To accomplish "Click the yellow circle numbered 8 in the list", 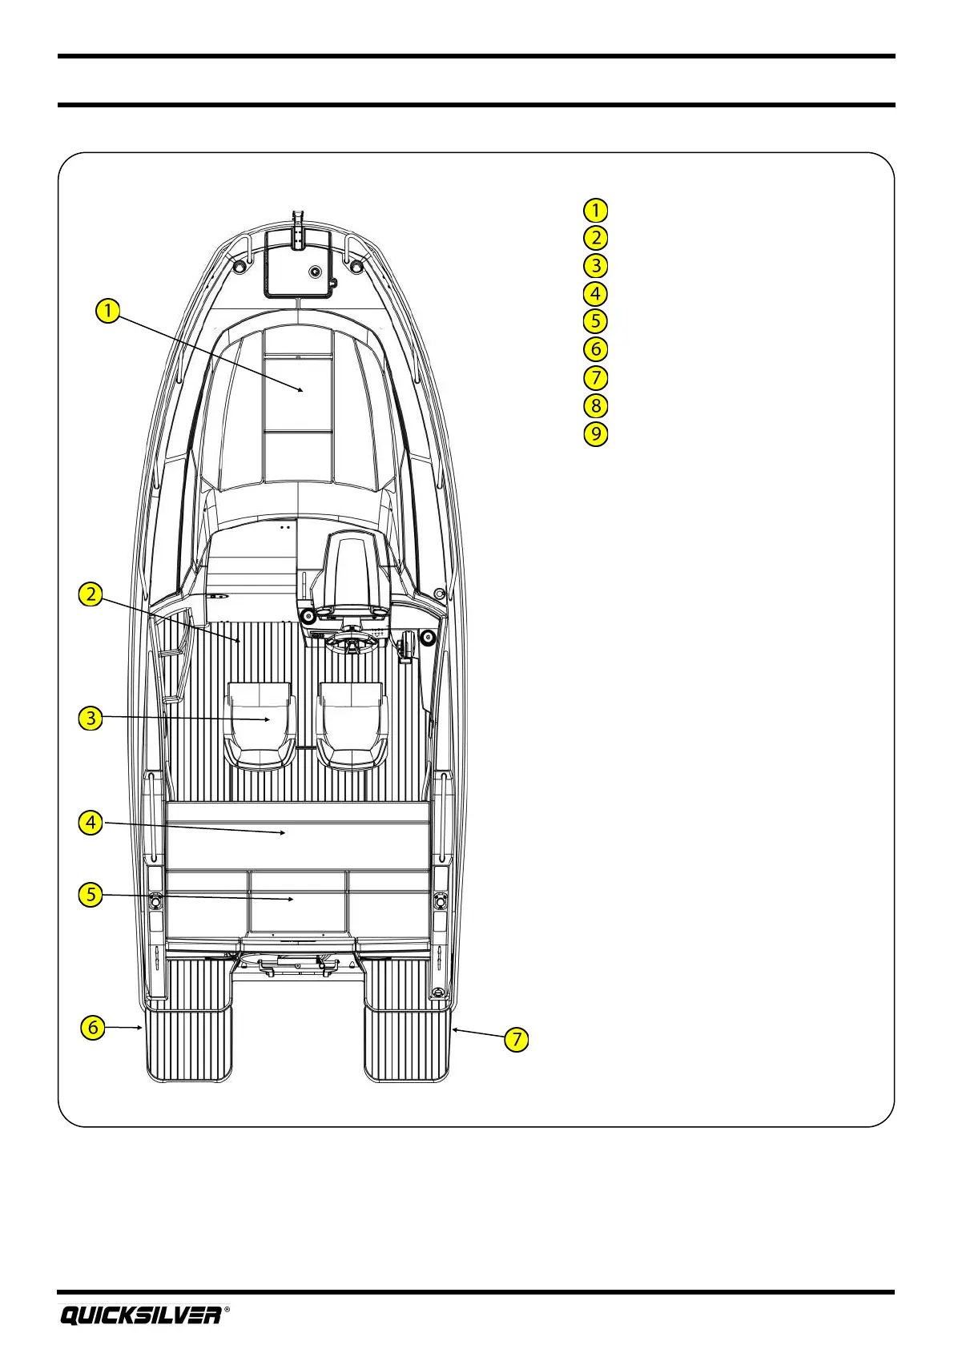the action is coord(595,405).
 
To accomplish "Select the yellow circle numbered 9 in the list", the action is coord(595,433).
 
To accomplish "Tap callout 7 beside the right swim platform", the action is coord(517,1040).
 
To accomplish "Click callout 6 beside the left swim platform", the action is coord(93,1027).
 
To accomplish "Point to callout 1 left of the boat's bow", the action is coord(107,310).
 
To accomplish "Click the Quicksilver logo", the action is coord(141,1315).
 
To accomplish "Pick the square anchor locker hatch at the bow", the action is coord(298,264).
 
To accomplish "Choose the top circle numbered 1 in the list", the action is coord(595,210).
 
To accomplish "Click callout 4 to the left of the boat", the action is coord(91,822).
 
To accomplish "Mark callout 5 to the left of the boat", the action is coord(91,894).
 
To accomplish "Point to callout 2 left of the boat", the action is coord(91,594).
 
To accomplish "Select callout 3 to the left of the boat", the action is coord(91,717).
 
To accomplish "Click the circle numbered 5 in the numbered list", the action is coord(595,321).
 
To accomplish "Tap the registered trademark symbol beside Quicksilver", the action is coord(227,1309).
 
